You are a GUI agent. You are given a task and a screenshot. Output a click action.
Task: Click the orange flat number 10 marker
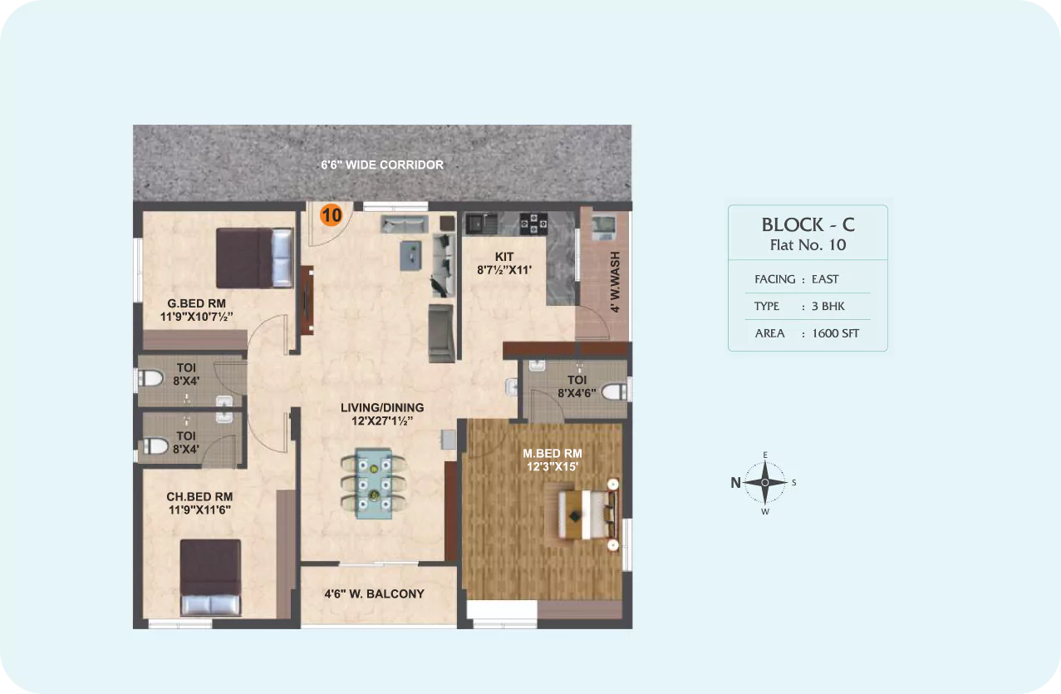coord(331,215)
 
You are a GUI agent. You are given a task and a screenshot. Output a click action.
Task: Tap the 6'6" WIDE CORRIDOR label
coord(382,165)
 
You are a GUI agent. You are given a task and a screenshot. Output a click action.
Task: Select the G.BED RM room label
coord(197,303)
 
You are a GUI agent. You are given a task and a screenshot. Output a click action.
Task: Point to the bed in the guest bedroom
coord(255,258)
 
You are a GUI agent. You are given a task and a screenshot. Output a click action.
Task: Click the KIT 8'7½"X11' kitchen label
coord(504,263)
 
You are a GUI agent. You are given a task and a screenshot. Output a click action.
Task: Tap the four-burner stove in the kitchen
coord(533,223)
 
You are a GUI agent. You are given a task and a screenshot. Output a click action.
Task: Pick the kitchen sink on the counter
coord(482,223)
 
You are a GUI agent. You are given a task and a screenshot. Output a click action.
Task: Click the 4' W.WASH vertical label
coord(615,282)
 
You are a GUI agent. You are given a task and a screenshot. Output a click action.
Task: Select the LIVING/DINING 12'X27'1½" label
coord(382,414)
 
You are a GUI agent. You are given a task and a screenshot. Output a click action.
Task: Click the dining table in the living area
coord(374,483)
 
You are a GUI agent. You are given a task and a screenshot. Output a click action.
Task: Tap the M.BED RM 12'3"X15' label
coord(553,460)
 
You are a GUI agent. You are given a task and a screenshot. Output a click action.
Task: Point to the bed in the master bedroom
coord(587,514)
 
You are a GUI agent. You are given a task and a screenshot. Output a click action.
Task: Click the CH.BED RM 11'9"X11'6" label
coord(199,503)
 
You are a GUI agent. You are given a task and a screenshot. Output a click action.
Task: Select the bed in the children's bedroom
coord(210,578)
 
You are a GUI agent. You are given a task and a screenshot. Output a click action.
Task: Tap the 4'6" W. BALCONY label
coord(374,593)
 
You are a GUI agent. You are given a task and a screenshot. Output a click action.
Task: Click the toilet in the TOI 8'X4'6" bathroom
coord(614,391)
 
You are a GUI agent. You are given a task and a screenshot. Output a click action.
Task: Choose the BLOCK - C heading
coord(808,224)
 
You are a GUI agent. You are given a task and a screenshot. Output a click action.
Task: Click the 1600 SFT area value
coord(836,333)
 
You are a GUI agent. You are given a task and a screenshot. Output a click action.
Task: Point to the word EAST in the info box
coord(825,279)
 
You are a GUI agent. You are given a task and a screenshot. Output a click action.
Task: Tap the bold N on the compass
coord(735,483)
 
